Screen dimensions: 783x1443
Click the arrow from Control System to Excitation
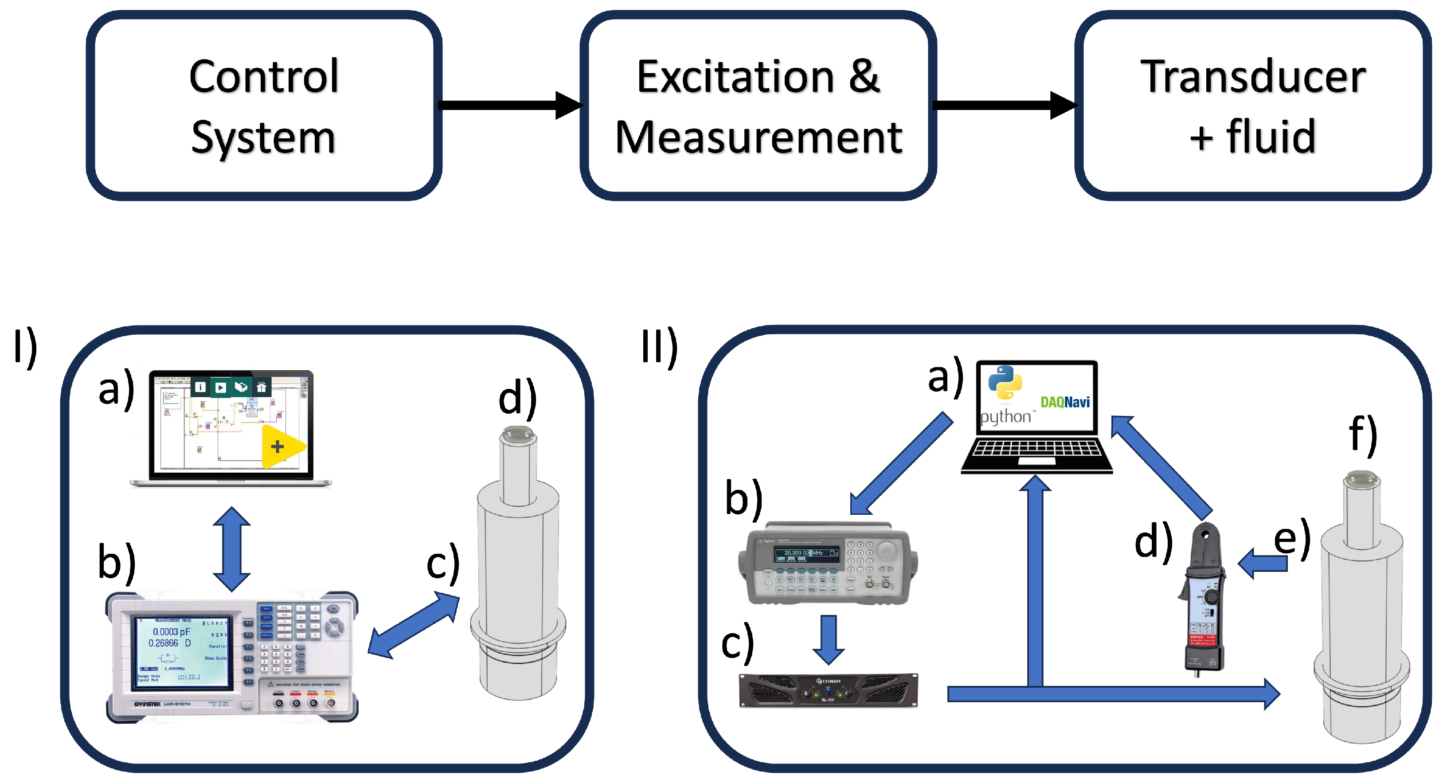[507, 105]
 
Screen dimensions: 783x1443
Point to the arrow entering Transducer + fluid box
[1003, 105]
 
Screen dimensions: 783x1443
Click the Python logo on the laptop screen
[1005, 383]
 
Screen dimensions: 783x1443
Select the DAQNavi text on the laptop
[1064, 402]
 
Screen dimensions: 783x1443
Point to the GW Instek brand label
[147, 704]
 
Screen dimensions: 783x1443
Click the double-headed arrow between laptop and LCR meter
[231, 549]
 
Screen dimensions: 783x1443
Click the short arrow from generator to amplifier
[828, 638]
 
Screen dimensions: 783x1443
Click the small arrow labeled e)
[1263, 563]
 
